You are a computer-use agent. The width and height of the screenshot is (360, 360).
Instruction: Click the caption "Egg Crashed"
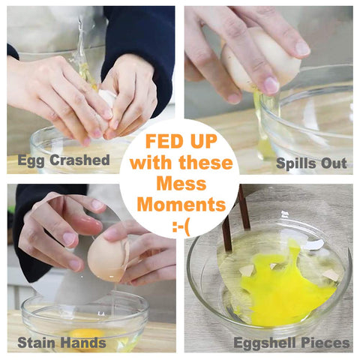click(x=64, y=160)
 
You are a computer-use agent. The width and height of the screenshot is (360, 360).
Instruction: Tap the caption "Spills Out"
click(x=311, y=163)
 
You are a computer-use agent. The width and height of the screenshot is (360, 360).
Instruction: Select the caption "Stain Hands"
click(x=61, y=343)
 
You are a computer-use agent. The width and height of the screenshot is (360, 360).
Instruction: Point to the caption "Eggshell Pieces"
click(x=292, y=343)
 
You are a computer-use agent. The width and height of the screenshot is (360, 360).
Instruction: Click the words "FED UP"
click(x=181, y=141)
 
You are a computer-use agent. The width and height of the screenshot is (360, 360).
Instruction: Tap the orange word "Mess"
click(x=181, y=184)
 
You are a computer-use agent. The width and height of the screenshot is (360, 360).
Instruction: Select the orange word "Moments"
click(x=181, y=204)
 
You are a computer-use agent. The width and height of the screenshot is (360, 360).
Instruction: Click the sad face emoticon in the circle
click(x=181, y=227)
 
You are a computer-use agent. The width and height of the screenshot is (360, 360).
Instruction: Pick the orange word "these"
click(x=205, y=163)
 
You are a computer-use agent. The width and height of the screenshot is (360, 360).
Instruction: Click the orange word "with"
click(x=151, y=163)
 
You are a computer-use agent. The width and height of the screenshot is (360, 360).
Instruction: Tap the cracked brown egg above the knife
click(x=108, y=257)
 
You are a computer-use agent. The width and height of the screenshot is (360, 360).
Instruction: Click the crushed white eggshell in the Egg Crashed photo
click(x=107, y=97)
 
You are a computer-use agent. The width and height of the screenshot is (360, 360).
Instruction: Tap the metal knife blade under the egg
click(x=82, y=262)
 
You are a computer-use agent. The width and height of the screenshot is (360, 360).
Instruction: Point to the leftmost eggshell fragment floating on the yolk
click(x=246, y=271)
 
